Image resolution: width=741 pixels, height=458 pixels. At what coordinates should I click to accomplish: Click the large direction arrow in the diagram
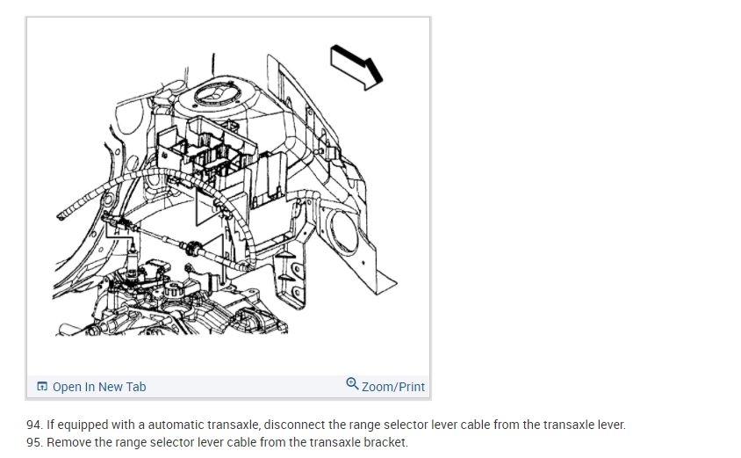click(x=356, y=65)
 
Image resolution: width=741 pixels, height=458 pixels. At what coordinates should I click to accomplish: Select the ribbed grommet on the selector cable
click(x=194, y=247)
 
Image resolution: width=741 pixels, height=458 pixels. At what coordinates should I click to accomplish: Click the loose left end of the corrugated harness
click(x=63, y=212)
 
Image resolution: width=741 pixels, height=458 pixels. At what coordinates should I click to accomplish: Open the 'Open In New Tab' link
click(x=98, y=387)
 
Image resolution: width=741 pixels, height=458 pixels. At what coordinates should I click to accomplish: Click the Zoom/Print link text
click(x=392, y=387)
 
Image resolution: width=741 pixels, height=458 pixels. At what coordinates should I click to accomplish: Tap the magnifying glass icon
click(x=352, y=384)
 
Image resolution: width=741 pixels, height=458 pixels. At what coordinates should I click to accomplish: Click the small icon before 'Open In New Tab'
click(x=42, y=387)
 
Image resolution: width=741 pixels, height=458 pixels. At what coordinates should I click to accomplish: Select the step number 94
click(x=35, y=425)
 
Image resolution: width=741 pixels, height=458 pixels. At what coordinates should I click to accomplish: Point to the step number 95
click(x=35, y=442)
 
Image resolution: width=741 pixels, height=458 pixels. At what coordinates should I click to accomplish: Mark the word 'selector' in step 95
click(x=174, y=442)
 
